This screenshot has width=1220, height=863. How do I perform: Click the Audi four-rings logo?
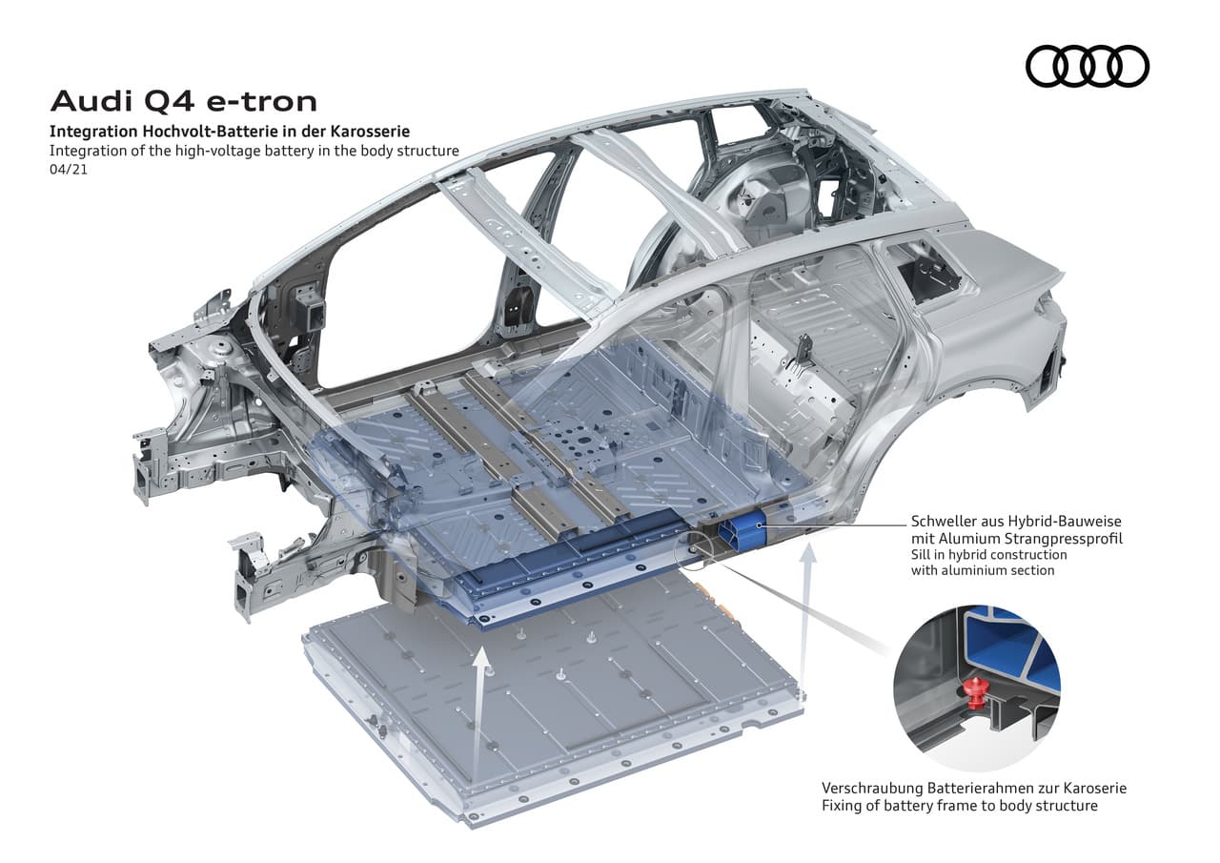[x=1088, y=67]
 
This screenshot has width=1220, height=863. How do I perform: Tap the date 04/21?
[x=69, y=170]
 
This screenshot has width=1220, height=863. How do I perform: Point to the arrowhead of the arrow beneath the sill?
[x=809, y=552]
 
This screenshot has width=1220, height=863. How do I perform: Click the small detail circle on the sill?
[x=691, y=552]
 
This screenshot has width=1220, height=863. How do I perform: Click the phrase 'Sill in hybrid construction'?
[x=989, y=555]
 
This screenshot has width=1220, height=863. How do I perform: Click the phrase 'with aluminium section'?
[x=983, y=570]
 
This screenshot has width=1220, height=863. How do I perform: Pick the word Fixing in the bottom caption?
[x=842, y=806]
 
